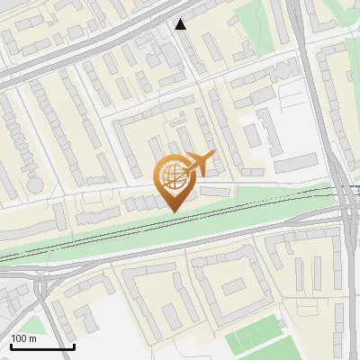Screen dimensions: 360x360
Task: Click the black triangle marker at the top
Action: (181, 24)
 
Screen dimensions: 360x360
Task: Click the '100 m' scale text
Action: (24, 338)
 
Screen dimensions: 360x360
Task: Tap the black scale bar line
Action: (41, 346)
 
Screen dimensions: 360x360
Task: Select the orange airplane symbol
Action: (199, 165)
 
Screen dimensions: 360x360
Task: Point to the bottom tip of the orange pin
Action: (172, 211)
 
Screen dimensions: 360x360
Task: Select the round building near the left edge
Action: (36, 182)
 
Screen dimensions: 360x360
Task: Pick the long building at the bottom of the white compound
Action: (296, 163)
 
